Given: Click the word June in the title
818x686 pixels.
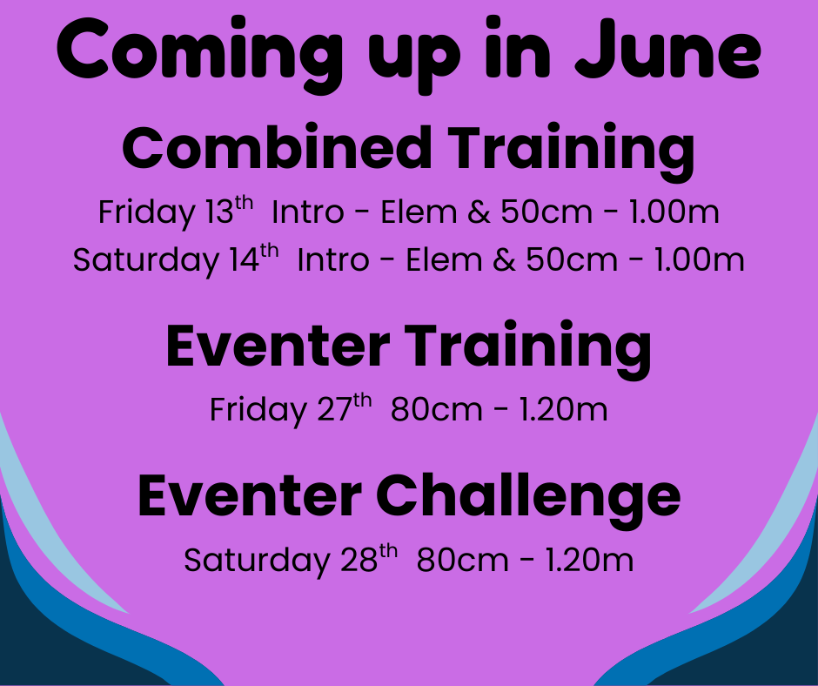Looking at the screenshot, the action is point(667,49).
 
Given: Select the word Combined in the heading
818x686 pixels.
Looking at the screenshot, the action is point(277,148).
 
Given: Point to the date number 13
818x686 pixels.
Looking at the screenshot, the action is point(219,212).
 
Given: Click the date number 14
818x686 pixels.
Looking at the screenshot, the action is point(245,259).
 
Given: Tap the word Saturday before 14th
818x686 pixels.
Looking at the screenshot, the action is point(146,260).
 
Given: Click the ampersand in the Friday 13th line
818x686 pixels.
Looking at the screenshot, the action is point(479,212).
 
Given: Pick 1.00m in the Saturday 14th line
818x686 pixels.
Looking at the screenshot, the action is point(699,260).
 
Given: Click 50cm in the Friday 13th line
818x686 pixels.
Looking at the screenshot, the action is point(546,212).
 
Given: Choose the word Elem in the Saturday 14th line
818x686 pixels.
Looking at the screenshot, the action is point(444,260).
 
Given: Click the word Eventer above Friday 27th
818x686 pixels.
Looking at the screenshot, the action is point(278,346).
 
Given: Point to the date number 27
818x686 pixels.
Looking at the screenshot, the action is point(335,409).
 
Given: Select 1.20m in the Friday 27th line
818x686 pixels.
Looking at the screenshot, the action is point(563,409).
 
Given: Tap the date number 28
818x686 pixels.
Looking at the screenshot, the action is point(359,560).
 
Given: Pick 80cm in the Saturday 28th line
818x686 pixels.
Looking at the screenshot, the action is point(462,560).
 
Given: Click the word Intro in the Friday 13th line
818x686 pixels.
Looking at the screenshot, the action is point(308,212).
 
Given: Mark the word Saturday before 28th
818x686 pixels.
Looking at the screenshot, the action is point(258,562).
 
